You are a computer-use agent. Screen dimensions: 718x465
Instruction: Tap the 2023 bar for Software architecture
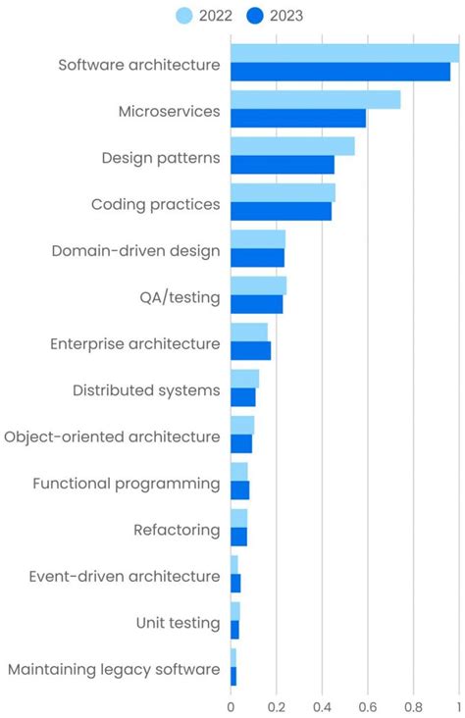339,72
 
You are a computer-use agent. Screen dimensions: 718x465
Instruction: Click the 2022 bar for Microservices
315,99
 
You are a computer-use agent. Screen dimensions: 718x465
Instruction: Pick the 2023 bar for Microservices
297,118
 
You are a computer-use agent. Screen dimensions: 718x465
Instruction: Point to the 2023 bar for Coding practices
281,211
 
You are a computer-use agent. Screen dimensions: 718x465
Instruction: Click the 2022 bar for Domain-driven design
257,239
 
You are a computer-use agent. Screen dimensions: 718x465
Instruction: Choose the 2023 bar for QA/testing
256,304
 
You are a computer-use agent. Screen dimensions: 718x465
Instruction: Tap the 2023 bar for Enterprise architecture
250,350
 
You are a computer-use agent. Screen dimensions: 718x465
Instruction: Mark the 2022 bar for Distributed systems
244,379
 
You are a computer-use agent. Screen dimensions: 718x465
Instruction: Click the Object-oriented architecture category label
112,436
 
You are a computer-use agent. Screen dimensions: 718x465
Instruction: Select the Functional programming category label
127,484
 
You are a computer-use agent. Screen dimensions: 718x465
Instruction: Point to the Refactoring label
177,530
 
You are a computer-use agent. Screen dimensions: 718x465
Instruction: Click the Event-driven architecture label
125,576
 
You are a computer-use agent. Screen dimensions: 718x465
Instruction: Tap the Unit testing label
178,623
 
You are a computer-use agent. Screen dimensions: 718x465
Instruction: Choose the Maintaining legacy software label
114,669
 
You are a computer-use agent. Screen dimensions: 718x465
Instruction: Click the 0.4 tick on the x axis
322,704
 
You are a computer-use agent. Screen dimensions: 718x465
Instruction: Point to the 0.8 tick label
413,704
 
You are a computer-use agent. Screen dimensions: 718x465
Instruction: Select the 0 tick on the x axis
231,704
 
